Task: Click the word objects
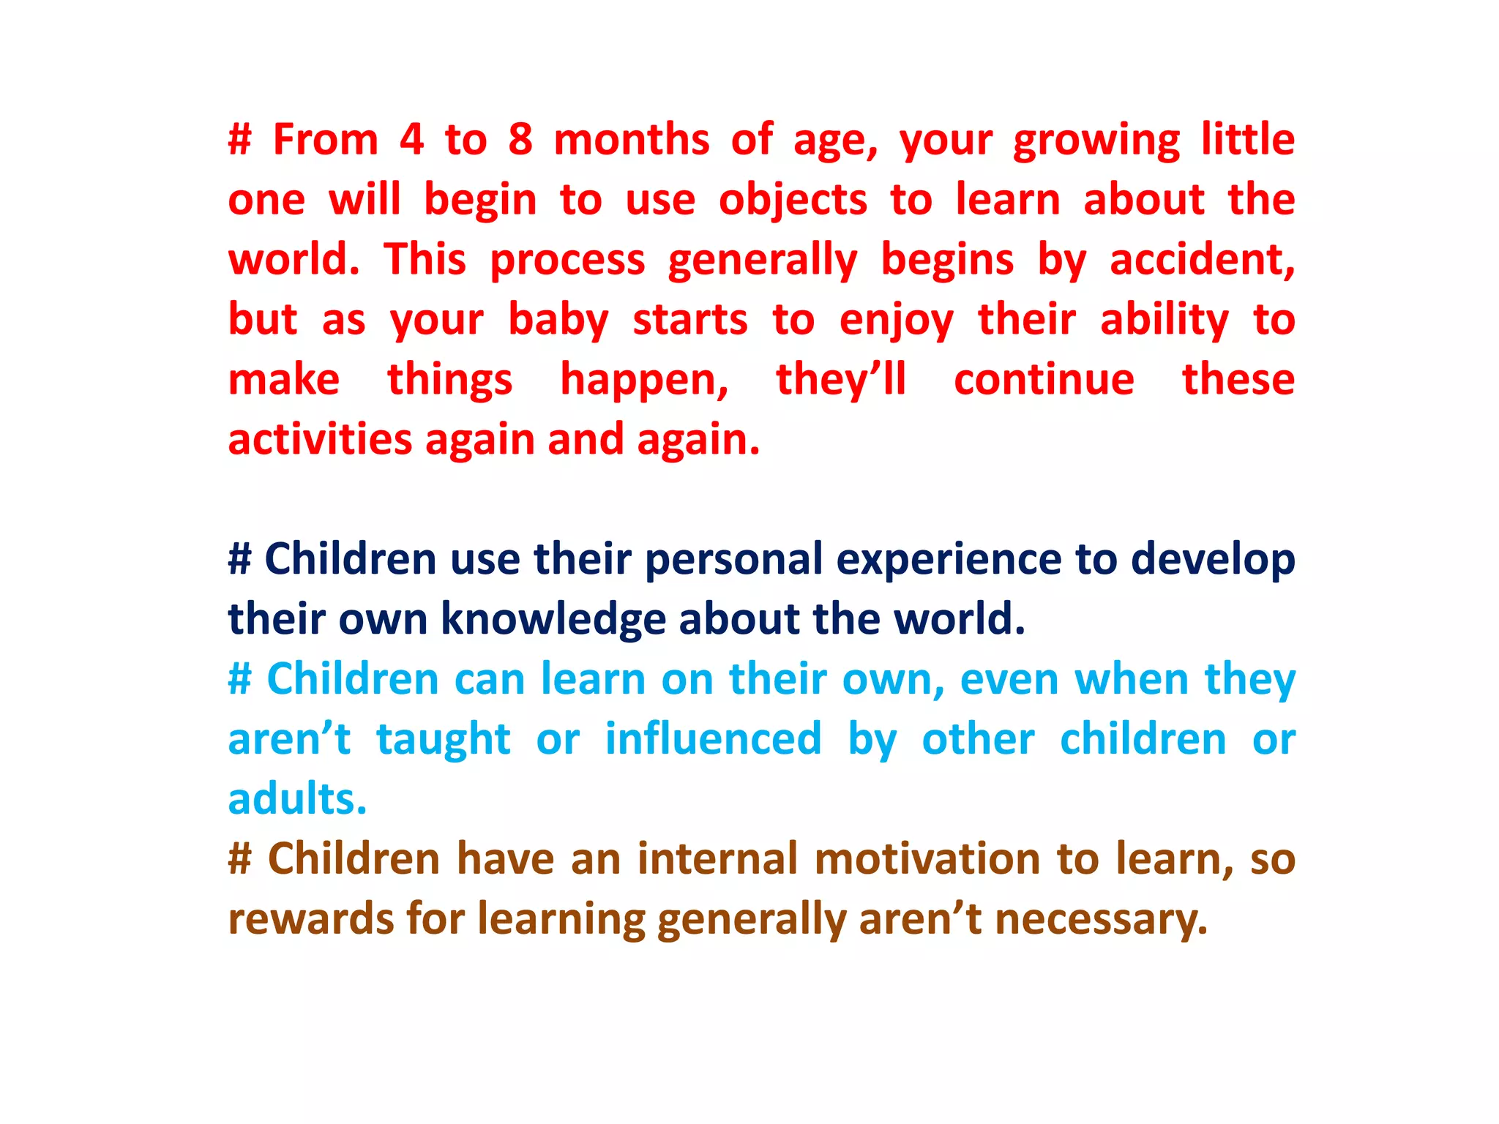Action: click(x=793, y=201)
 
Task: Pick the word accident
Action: click(x=1202, y=260)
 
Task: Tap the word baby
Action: click(x=558, y=321)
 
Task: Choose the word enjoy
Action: click(x=896, y=321)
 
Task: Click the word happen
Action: click(x=644, y=381)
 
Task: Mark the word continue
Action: click(x=1044, y=380)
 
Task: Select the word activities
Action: click(x=320, y=440)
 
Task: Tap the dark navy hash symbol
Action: click(x=240, y=559)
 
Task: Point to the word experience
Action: click(x=949, y=561)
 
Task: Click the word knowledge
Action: click(x=553, y=619)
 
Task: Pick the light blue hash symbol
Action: click(x=240, y=679)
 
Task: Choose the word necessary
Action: click(x=1101, y=919)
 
